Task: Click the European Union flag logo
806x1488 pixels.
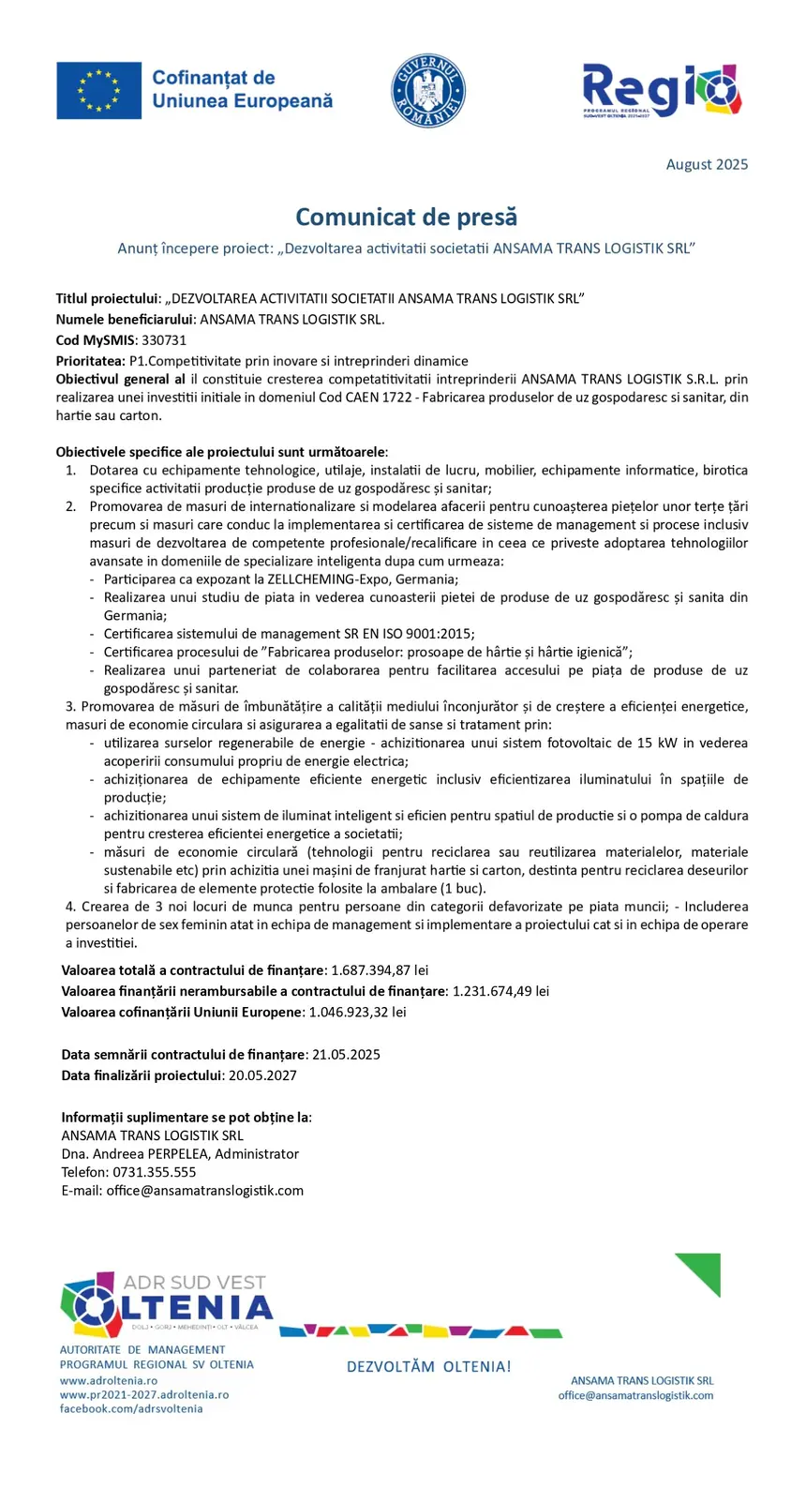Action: click(x=98, y=91)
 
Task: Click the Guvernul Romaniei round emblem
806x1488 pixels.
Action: click(x=428, y=91)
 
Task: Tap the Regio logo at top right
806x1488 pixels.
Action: click(x=661, y=90)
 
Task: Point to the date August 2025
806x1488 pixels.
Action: click(x=707, y=165)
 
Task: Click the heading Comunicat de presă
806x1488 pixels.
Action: click(x=406, y=218)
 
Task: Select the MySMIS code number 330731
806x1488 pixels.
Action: click(x=164, y=340)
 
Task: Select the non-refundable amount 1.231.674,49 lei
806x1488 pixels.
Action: click(x=500, y=991)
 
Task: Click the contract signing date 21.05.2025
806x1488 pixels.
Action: click(x=346, y=1055)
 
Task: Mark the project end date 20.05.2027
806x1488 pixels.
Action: click(x=262, y=1075)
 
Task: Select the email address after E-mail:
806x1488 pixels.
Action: click(x=204, y=1191)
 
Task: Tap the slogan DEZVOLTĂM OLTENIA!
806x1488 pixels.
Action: click(x=428, y=1367)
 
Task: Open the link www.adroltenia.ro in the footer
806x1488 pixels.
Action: click(x=109, y=1380)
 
